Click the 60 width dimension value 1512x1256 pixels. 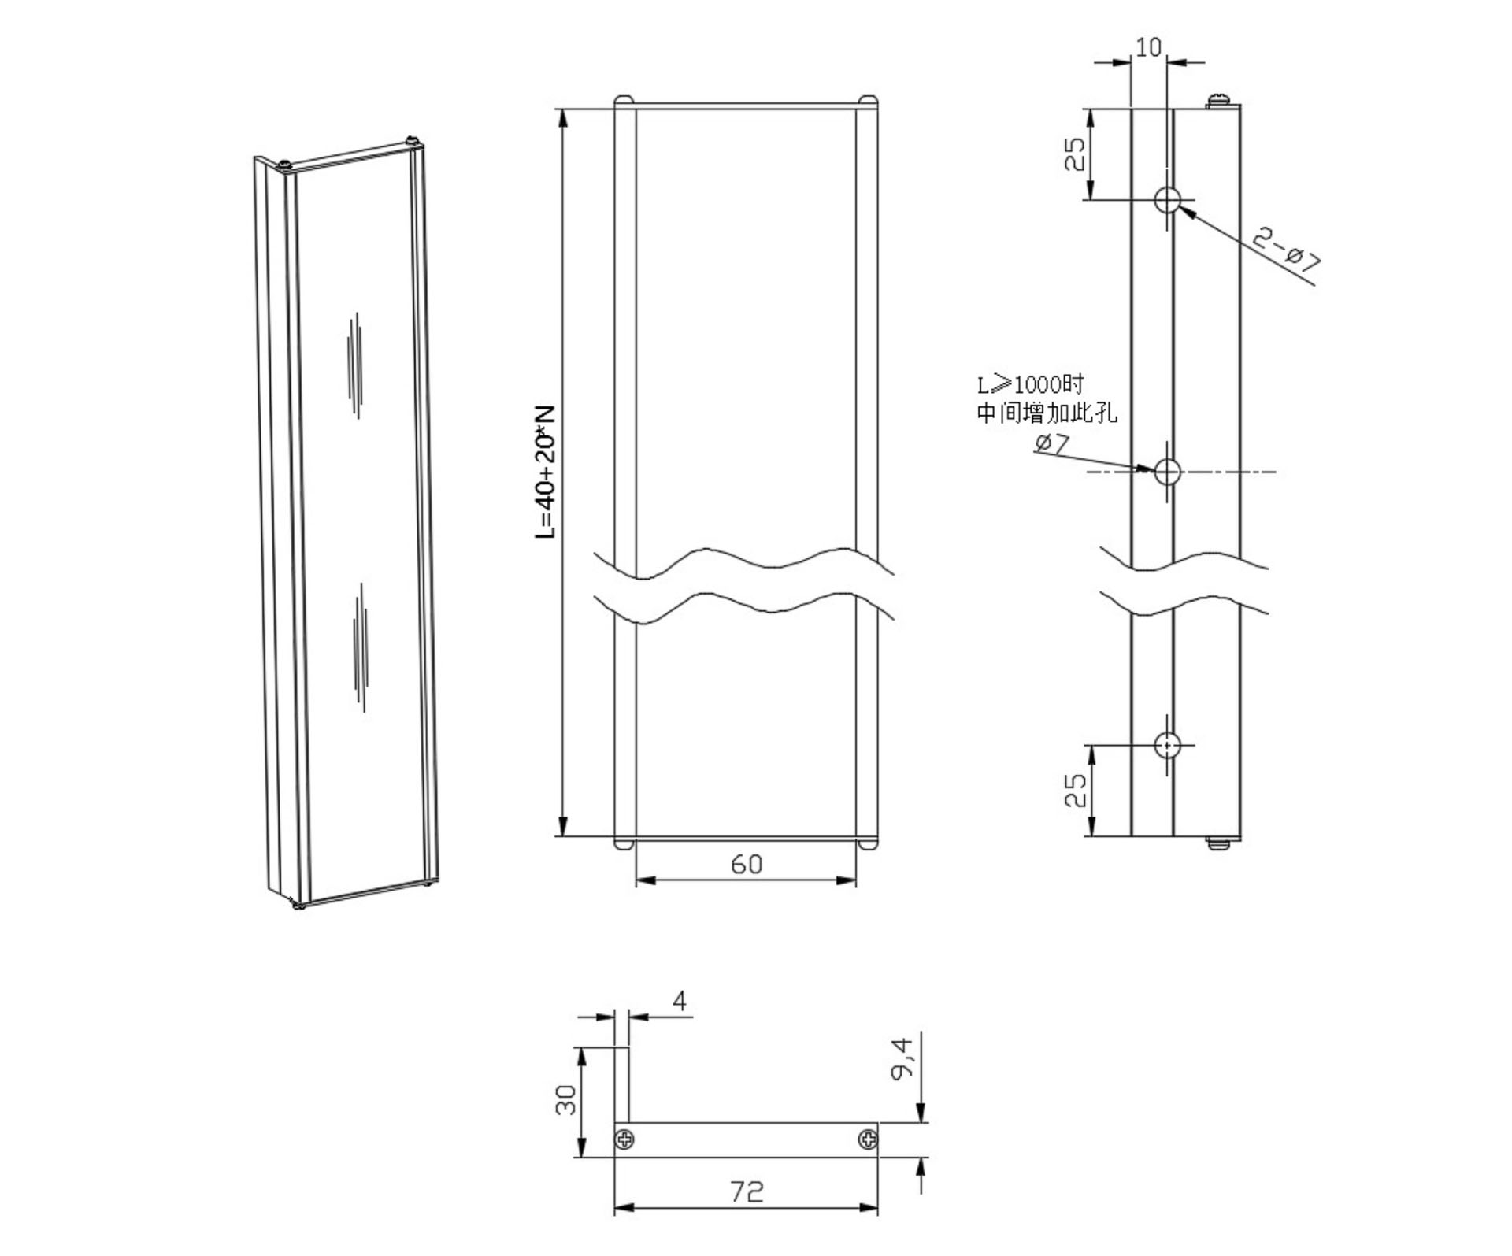pos(747,864)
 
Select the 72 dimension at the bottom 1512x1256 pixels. pos(747,1191)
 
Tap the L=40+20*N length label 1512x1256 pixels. pos(545,472)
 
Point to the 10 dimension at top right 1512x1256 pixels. pos(1148,47)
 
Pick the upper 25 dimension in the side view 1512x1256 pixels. pos(1075,154)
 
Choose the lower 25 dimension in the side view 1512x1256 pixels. pos(1075,790)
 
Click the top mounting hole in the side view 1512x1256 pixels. pos(1168,200)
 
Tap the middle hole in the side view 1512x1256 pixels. pos(1168,472)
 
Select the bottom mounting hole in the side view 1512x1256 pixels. pos(1168,744)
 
